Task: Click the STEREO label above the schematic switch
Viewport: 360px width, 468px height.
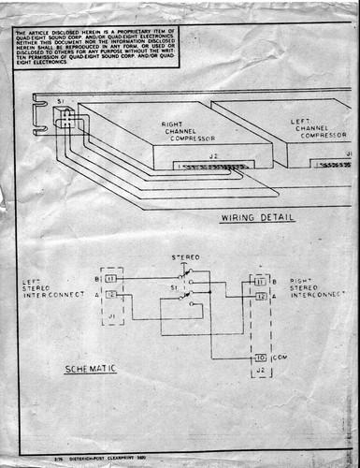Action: point(185,256)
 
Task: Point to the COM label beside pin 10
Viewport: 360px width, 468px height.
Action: point(280,358)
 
